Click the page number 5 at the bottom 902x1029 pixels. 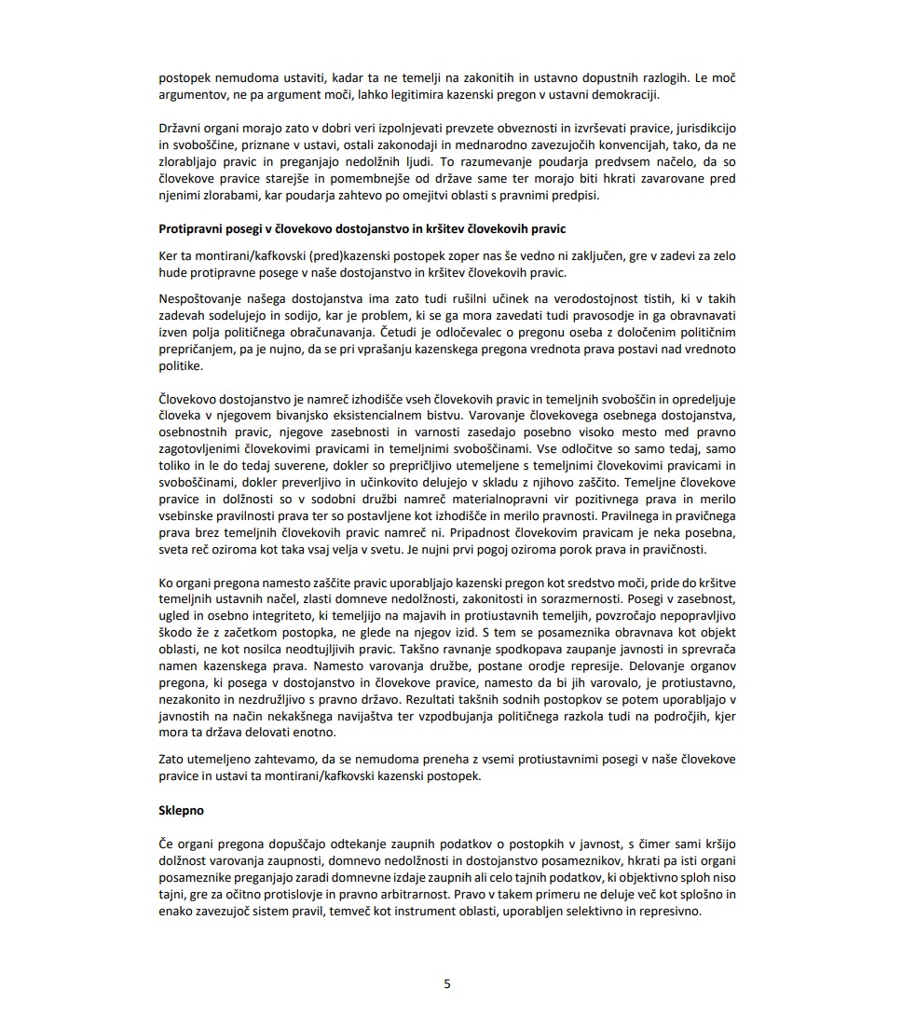click(x=447, y=983)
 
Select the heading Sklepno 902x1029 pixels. click(x=182, y=811)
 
